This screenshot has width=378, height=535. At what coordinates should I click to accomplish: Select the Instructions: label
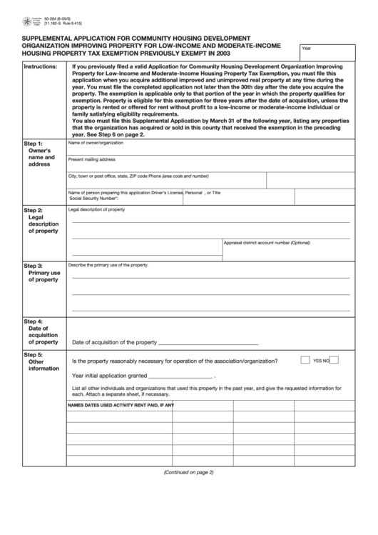pos(41,66)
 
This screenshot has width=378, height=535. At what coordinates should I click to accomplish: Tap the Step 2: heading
pos(34,211)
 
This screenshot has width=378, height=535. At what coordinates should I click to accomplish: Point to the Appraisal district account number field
pos(287,249)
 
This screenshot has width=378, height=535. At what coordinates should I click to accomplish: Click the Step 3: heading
pos(34,266)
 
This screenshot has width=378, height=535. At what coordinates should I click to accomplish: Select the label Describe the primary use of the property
pos(108,265)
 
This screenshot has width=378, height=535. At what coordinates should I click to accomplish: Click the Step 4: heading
pos(34,321)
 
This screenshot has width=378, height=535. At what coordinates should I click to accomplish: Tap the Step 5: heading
pos(34,355)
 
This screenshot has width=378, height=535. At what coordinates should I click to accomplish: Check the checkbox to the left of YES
pos(305,360)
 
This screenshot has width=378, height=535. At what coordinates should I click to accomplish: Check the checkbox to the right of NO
pos(334,360)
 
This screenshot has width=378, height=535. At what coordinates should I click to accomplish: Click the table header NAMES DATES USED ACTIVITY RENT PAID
pos(121,405)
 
